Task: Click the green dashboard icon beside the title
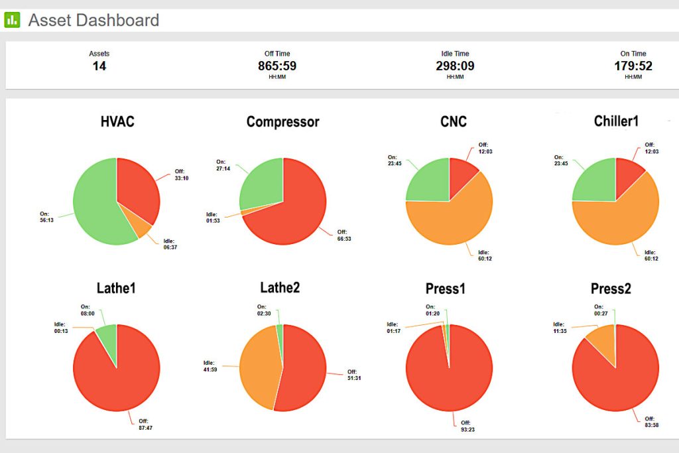(12, 20)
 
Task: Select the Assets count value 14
(99, 66)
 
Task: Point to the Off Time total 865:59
(277, 66)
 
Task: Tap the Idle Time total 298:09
(455, 66)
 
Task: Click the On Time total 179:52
(633, 66)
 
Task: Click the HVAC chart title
(117, 122)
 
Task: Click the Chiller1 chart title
(616, 121)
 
